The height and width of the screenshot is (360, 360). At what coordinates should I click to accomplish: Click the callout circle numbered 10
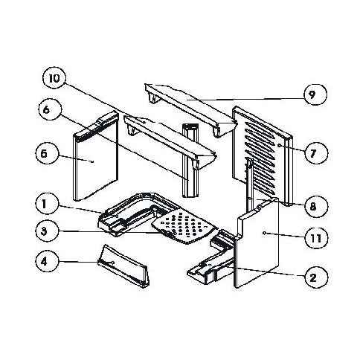54,78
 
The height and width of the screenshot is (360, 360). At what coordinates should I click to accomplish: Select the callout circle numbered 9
312,94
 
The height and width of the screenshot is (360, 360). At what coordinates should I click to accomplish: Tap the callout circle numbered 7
313,152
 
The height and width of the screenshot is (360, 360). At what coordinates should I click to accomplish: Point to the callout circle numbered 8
313,205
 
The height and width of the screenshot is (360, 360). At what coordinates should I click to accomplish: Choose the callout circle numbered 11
315,238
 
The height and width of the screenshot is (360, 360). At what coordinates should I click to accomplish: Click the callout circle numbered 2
313,277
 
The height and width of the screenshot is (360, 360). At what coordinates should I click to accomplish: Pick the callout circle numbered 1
44,204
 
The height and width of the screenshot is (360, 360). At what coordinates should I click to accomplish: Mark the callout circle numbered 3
44,231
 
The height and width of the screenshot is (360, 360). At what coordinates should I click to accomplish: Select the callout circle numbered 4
44,262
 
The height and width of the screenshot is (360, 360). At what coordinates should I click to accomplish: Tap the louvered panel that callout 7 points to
263,156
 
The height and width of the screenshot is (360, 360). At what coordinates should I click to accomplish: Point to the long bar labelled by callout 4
123,266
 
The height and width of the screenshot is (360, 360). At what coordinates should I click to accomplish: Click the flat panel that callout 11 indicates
257,243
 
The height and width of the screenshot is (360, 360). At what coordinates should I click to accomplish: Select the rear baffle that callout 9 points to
190,110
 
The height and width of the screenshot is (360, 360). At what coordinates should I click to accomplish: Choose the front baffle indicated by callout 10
170,141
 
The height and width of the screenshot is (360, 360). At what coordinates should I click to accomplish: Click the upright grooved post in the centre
190,160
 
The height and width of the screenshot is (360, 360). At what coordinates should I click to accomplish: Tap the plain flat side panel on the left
95,156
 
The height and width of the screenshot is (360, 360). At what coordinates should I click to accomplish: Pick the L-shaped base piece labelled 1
134,213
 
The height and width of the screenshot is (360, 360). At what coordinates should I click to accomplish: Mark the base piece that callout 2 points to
210,258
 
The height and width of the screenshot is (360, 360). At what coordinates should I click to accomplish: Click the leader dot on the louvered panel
279,145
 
